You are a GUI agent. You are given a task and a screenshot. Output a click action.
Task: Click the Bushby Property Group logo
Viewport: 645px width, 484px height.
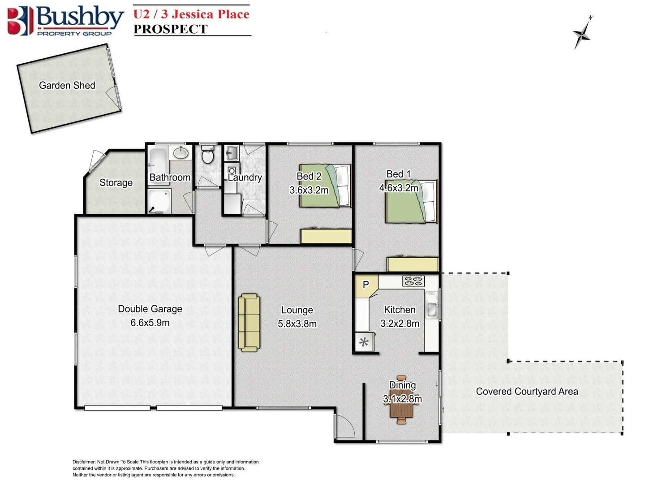pos(65,21)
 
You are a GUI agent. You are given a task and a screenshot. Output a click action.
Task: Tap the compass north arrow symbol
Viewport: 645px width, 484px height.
pos(582,33)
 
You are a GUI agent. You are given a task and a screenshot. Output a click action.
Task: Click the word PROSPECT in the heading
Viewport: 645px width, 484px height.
pos(170,29)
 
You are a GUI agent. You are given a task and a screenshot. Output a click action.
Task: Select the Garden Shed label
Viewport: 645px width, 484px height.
pos(67,85)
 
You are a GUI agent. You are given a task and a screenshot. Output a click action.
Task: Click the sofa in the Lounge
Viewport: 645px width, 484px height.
pos(249,323)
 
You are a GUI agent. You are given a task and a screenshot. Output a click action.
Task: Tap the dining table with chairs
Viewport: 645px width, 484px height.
pos(402,400)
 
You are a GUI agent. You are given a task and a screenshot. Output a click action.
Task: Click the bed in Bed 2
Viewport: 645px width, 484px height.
pos(326,186)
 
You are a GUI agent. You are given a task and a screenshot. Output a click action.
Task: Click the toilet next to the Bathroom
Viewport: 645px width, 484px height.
pos(207,155)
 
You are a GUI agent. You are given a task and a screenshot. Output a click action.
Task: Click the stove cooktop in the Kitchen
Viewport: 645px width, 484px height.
pos(413,281)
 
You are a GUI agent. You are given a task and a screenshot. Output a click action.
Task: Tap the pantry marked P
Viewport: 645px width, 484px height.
pos(366,285)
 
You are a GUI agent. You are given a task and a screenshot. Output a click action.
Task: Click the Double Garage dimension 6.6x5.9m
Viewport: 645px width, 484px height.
pos(150,323)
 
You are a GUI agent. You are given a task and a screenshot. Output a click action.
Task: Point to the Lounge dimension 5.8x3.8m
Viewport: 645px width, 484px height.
pos(297,324)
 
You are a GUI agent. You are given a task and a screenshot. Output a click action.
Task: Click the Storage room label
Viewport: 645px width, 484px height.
pos(116,182)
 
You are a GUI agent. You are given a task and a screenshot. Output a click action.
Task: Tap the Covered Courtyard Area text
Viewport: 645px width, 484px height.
pos(527,391)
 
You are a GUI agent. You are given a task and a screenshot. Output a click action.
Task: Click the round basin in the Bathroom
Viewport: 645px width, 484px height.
pos(181,153)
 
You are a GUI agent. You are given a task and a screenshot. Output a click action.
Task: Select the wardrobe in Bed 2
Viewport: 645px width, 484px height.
pos(326,236)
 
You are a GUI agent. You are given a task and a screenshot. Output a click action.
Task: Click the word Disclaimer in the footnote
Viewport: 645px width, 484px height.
pos(84,462)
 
